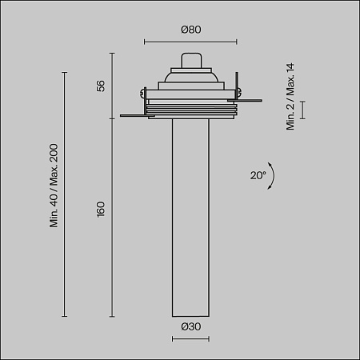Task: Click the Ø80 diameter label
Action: (190, 30)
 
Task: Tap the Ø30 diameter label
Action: (190, 326)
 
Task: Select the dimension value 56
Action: (101, 86)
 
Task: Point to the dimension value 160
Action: (101, 214)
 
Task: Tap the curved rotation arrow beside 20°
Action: (271, 176)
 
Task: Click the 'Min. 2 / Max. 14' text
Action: (291, 97)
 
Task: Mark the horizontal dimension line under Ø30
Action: (190, 340)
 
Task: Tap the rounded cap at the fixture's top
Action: (190, 61)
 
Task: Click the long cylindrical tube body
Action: (190, 216)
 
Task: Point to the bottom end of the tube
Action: (190, 314)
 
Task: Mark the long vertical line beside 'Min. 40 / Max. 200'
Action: (64, 192)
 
